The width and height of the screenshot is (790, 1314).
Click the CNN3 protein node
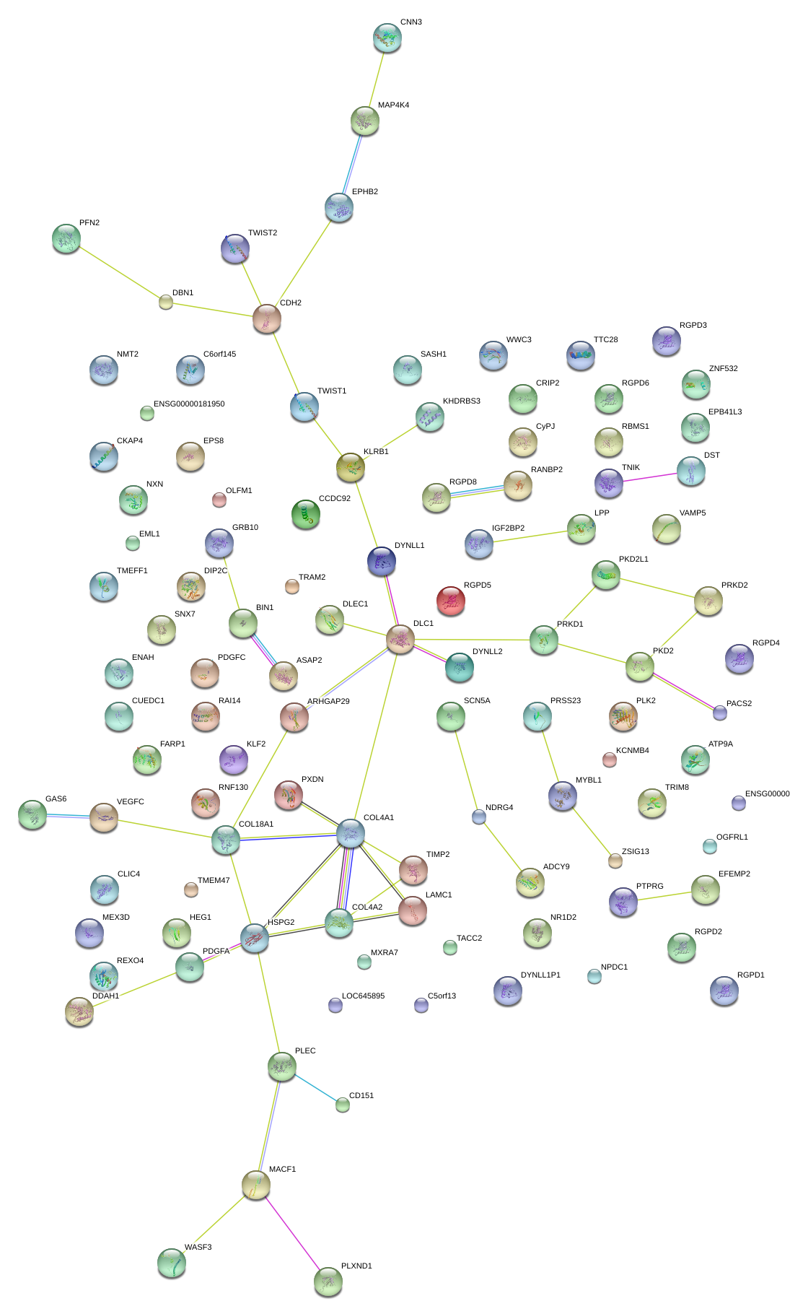(387, 38)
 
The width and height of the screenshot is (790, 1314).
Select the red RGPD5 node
(451, 600)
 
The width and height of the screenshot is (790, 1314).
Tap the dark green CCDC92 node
(306, 514)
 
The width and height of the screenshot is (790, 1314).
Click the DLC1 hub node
(400, 639)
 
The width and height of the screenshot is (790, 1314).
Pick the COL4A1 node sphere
(351, 833)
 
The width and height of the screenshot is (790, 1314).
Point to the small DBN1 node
(166, 302)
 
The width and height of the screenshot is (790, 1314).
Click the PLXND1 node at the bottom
(328, 1282)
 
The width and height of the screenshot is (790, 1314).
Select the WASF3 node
(172, 1263)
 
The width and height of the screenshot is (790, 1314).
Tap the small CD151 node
(343, 1105)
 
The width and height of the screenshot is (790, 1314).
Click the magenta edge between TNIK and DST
(650, 477)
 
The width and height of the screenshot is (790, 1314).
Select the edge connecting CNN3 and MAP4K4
(377, 79)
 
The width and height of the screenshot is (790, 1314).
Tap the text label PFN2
(89, 223)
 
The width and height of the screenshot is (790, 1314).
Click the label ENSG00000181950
(189, 404)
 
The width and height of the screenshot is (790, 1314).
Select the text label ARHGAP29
(328, 702)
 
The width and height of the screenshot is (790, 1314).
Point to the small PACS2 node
(720, 713)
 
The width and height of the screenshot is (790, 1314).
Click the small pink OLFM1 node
(219, 499)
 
